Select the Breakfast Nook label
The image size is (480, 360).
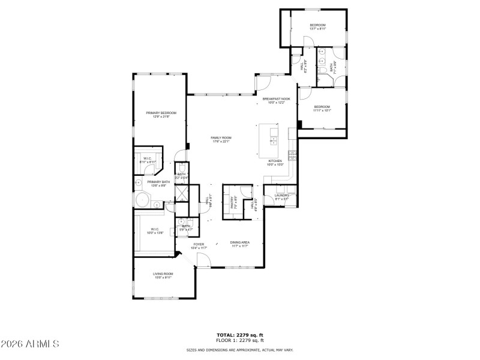coord(276,100)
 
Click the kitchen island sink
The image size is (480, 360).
coord(274,141)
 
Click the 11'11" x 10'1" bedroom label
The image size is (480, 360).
coord(322,109)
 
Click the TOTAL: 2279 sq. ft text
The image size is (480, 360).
coord(240,334)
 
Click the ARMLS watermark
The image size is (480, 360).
coord(30,344)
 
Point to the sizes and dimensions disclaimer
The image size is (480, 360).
coord(240,349)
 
